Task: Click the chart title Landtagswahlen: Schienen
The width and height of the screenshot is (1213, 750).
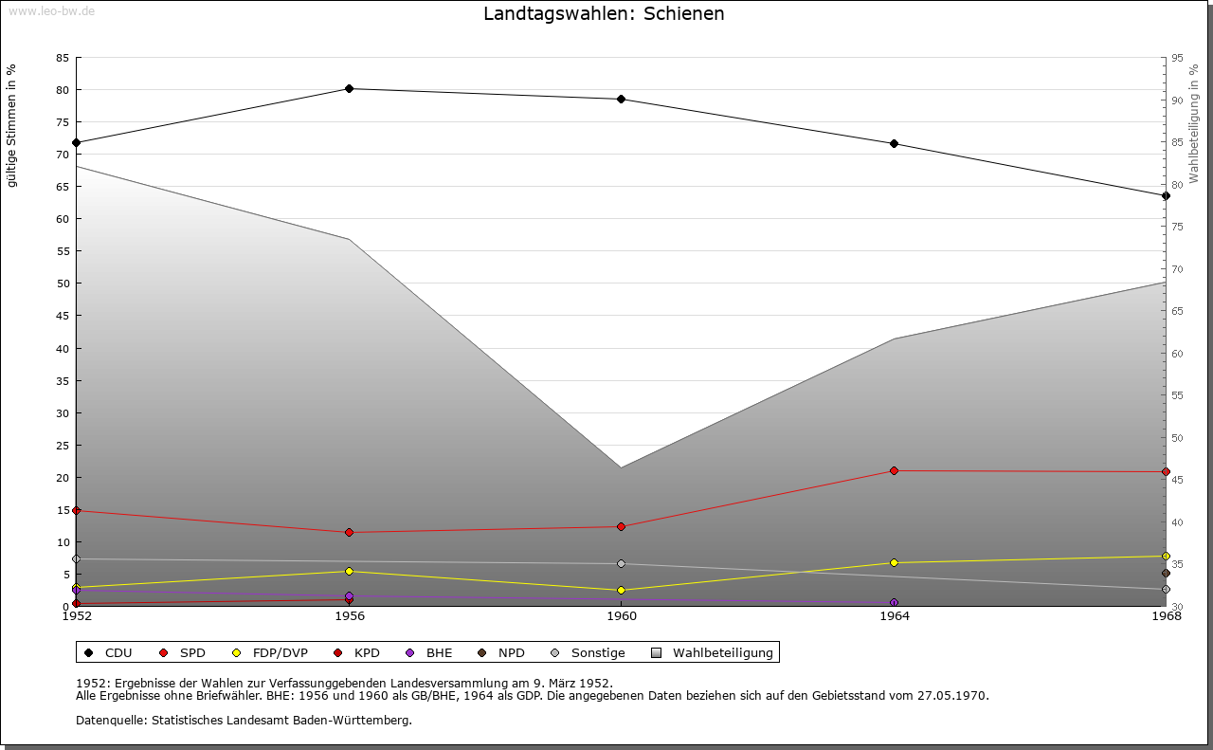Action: pos(604,13)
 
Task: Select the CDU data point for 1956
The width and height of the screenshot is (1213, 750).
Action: pos(350,88)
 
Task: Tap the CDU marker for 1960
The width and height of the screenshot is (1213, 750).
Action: pos(622,99)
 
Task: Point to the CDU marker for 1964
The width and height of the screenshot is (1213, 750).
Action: pos(894,143)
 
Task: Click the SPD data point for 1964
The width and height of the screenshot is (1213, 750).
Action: pos(894,470)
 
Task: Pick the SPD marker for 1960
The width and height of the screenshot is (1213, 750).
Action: pos(622,526)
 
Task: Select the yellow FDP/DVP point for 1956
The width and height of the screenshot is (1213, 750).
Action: pos(350,571)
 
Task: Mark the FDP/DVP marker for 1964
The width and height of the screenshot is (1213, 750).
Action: pos(894,562)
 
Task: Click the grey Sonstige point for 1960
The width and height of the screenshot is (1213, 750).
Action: pos(622,563)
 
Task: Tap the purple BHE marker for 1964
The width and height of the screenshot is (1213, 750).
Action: pos(894,602)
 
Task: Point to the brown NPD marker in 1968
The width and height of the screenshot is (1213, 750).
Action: pos(1166,573)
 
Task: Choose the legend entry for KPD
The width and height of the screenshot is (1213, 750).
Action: pos(357,652)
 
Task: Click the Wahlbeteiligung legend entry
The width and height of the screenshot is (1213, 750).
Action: pos(713,652)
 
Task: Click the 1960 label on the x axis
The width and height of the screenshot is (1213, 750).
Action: pos(622,617)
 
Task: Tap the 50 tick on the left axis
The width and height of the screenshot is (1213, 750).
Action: pos(63,284)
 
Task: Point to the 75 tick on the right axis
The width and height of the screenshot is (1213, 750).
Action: pos(1177,227)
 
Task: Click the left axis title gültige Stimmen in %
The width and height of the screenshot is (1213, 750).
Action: pos(12,125)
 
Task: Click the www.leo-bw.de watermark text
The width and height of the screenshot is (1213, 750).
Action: pos(51,10)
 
